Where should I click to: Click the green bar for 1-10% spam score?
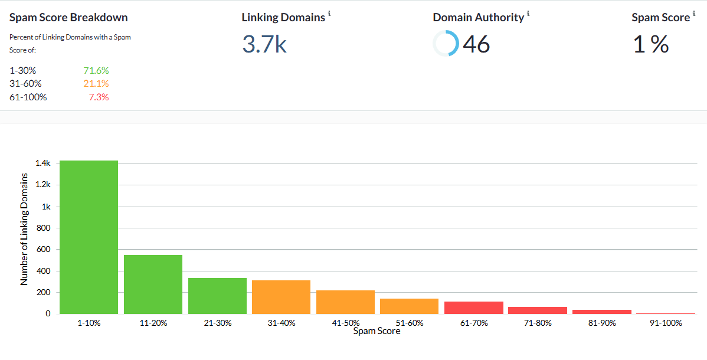pyautogui.click(x=89, y=237)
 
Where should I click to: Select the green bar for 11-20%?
pyautogui.click(x=153, y=284)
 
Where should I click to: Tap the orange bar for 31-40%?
pyautogui.click(x=281, y=297)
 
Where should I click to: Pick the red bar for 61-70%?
pyautogui.click(x=474, y=307)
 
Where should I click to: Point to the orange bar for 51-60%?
pyautogui.click(x=409, y=306)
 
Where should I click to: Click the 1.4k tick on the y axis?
pyautogui.click(x=43, y=163)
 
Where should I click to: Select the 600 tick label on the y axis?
pyautogui.click(x=44, y=250)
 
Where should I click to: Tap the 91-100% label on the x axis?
pyautogui.click(x=666, y=323)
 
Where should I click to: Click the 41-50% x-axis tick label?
pyautogui.click(x=345, y=323)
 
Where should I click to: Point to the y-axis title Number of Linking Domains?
pyautogui.click(x=24, y=230)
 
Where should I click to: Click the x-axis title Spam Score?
pyautogui.click(x=377, y=332)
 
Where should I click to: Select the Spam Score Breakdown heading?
pyautogui.click(x=68, y=18)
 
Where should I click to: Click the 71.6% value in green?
pyautogui.click(x=96, y=71)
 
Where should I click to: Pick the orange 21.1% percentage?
pyautogui.click(x=96, y=84)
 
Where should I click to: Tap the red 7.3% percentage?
pyautogui.click(x=99, y=97)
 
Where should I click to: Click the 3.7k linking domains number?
pyautogui.click(x=264, y=44)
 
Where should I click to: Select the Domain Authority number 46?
pyautogui.click(x=476, y=44)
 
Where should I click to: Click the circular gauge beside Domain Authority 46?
pyautogui.click(x=446, y=44)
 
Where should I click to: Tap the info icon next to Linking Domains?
pyautogui.click(x=329, y=13)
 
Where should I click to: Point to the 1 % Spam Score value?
pyautogui.click(x=651, y=44)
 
